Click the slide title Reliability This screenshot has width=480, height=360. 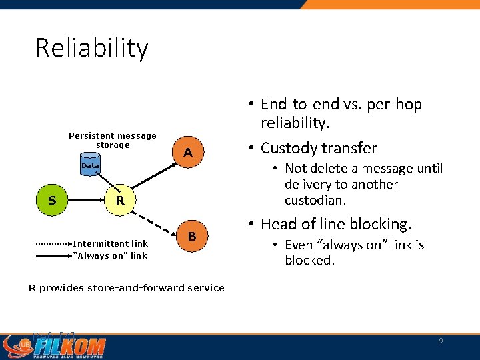92,49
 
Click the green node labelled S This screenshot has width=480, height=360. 52,200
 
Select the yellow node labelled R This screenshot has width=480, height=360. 120,200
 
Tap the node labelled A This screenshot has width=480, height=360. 188,153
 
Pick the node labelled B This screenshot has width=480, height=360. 191,237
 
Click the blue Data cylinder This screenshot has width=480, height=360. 89,165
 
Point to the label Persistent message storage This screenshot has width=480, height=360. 113,140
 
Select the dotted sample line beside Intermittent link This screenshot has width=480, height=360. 53,244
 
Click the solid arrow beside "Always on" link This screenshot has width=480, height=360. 53,255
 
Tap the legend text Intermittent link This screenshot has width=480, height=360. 110,243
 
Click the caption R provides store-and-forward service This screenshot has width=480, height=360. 126,288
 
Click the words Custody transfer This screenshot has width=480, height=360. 319,148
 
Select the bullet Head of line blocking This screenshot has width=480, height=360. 337,224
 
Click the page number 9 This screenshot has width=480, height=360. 441,341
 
